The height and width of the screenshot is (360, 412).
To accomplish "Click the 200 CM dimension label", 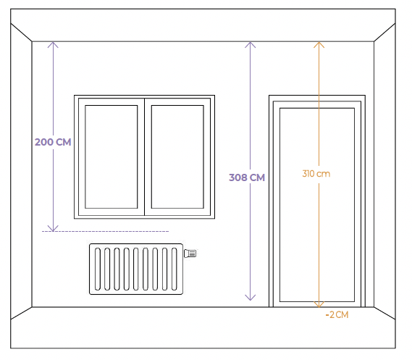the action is [53, 142].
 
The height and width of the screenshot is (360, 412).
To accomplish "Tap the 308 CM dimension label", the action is [247, 177].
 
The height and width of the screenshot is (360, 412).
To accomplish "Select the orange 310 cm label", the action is [316, 174].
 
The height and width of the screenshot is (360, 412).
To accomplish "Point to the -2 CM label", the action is [337, 314].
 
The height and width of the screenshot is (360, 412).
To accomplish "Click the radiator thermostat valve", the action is [190, 254].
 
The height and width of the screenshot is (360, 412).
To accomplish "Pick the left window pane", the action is [111, 157].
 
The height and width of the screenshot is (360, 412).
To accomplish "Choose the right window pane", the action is [177, 157].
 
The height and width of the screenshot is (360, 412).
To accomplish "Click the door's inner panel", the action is [317, 205].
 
